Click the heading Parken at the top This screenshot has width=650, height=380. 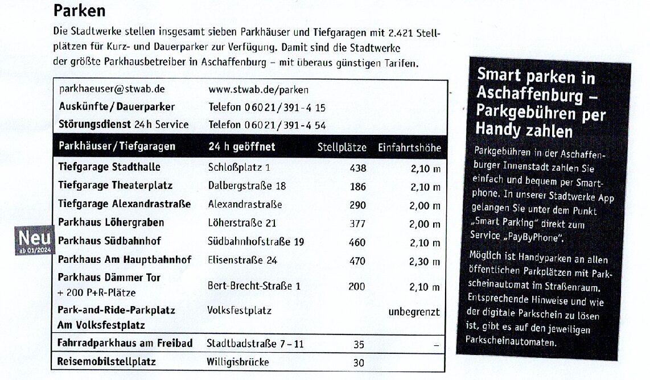[79, 10]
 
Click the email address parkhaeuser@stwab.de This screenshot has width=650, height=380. [112, 89]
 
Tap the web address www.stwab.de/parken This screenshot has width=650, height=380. [258, 89]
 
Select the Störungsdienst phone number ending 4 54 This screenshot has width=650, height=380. [267, 125]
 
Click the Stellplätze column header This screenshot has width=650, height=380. [342, 147]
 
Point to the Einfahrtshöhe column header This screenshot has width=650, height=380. [409, 148]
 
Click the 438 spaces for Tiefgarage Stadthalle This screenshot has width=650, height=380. [357, 168]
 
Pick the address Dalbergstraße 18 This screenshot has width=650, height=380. [247, 186]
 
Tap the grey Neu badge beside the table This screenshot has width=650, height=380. [35, 240]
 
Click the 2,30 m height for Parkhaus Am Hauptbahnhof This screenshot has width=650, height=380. [425, 262]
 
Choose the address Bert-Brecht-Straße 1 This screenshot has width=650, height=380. [254, 287]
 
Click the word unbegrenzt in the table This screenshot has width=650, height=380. [414, 312]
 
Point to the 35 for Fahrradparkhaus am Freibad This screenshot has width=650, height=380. [359, 345]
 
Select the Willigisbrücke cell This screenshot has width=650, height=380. [237, 362]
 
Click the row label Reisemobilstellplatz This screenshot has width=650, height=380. [106, 362]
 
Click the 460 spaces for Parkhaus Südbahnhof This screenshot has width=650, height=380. [357, 243]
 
